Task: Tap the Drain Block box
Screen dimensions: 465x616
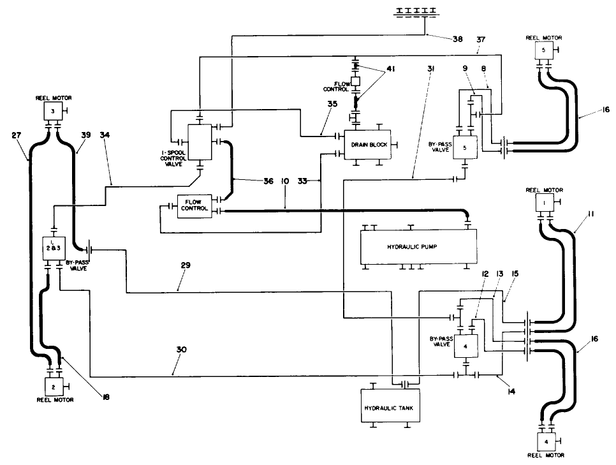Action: point(369,145)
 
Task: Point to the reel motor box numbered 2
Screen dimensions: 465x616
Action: point(53,387)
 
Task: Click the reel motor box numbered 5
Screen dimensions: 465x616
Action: point(544,50)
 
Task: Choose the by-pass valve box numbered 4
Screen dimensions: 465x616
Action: point(466,346)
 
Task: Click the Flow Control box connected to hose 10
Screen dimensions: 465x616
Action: point(194,206)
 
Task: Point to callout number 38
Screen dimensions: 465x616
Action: point(458,39)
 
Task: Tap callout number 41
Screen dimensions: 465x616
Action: point(390,69)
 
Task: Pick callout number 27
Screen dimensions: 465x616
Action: point(17,135)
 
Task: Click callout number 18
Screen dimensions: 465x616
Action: point(105,396)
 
